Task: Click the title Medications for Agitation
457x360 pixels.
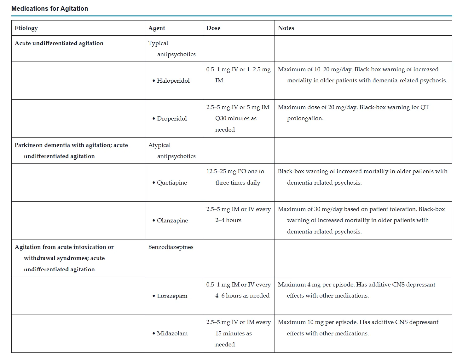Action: [x=50, y=9]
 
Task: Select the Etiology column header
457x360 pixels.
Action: [x=26, y=28]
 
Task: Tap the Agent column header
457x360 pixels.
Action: [x=157, y=28]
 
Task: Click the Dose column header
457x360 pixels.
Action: [x=213, y=28]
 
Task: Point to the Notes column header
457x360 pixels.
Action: [x=286, y=28]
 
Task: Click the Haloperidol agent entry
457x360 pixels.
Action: [x=173, y=81]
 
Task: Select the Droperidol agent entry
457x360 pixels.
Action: [x=172, y=119]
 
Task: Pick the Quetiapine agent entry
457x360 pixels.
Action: [x=172, y=183]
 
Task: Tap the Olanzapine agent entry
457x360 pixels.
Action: [x=172, y=221]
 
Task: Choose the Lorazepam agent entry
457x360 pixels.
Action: [x=172, y=296]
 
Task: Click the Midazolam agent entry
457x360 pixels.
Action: [x=172, y=333]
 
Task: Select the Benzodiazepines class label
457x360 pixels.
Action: [x=171, y=247]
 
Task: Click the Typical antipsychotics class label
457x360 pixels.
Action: [x=172, y=49]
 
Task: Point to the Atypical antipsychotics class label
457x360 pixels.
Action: [x=172, y=150]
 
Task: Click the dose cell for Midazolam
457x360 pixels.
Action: [x=238, y=333]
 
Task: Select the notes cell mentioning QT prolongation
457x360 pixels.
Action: [x=353, y=113]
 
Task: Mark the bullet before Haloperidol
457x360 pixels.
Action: [x=154, y=81]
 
